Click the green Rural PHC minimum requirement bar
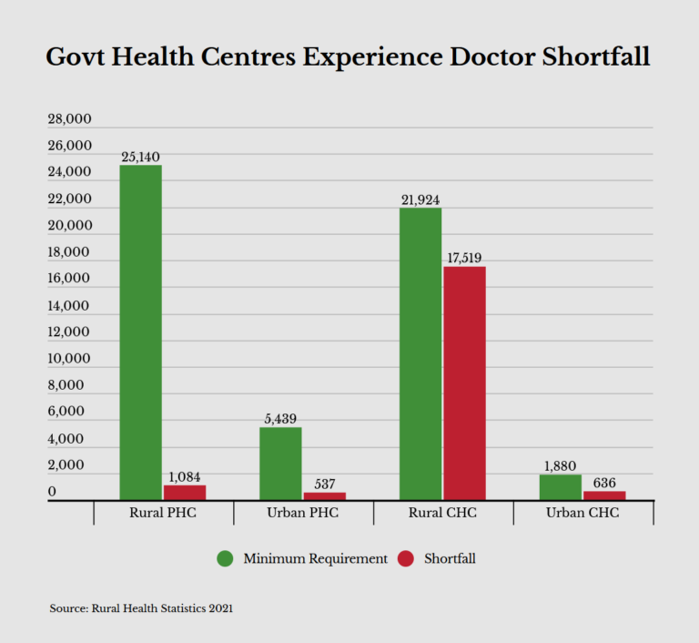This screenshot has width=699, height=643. (141, 332)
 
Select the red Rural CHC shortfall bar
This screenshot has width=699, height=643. (464, 383)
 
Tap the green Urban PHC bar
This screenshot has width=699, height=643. (280, 464)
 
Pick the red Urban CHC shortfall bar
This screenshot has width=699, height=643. (604, 495)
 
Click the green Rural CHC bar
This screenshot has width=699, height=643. (420, 354)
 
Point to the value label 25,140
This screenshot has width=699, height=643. (140, 157)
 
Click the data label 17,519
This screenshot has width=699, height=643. (464, 258)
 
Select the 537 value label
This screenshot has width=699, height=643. (325, 485)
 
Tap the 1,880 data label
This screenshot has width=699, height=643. (560, 466)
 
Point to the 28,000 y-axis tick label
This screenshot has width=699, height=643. (69, 118)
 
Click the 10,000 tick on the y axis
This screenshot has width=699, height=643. (69, 358)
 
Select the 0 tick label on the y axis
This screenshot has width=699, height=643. (52, 491)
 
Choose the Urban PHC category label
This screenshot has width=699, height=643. (303, 513)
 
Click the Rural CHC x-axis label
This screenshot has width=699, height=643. (442, 513)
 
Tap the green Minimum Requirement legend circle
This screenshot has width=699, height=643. (225, 558)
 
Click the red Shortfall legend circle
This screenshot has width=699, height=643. (406, 558)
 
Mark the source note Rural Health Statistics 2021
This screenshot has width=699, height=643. (162, 608)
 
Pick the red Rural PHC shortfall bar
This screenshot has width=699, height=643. (185, 493)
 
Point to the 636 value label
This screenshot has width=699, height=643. (604, 483)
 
